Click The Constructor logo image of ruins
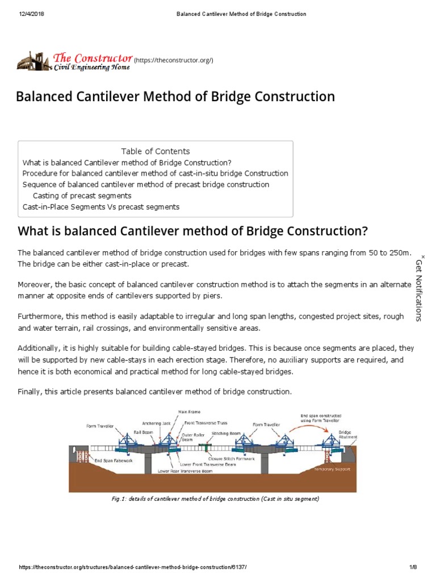pos(32,60)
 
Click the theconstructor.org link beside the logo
pos(173,60)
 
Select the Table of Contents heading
pos(156,151)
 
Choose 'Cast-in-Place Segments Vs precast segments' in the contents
pos(101,207)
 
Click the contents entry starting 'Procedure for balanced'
pos(155,173)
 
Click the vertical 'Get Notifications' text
pos(420,290)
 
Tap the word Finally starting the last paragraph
pos(31,392)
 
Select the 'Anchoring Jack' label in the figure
pos(156,423)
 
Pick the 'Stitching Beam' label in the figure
pos(224,433)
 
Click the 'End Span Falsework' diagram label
pos(114,461)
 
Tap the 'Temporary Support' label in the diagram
pos(332,469)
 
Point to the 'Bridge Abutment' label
pos(348,435)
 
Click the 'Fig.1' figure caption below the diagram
pos(216,499)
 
